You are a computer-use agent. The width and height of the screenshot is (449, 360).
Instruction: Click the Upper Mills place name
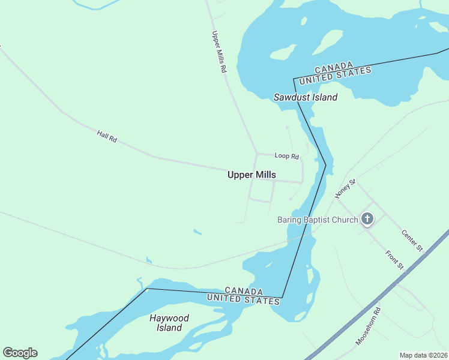pyautogui.click(x=252, y=175)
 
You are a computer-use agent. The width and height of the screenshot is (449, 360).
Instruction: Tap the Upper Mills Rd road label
pyautogui.click(x=218, y=52)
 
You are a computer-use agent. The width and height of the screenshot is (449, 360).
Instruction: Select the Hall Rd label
pyautogui.click(x=107, y=136)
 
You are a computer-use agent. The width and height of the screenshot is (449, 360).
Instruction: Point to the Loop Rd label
pyautogui.click(x=286, y=156)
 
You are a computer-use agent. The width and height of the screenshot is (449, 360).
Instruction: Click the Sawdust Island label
pyautogui.click(x=306, y=97)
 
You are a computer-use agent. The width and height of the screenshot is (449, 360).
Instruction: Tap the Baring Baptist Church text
pyautogui.click(x=317, y=220)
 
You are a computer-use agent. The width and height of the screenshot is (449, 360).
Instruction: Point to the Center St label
pyautogui.click(x=412, y=240)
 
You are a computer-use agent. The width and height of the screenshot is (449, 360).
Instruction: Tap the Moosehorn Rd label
pyautogui.click(x=368, y=326)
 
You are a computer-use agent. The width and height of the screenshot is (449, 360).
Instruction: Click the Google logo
pyautogui.click(x=20, y=353)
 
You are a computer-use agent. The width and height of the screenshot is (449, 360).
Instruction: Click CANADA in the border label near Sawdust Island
pyautogui.click(x=333, y=68)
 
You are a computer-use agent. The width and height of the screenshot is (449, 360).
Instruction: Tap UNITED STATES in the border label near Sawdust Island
pyautogui.click(x=336, y=76)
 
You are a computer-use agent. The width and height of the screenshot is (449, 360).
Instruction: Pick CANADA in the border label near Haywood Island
pyautogui.click(x=244, y=291)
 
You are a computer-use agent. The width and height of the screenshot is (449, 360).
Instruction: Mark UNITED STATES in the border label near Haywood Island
pyautogui.click(x=243, y=299)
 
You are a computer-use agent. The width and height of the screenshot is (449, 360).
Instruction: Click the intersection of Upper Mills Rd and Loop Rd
pyautogui.click(x=256, y=154)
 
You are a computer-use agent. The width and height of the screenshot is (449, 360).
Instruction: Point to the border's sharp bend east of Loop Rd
pyautogui.click(x=325, y=164)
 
